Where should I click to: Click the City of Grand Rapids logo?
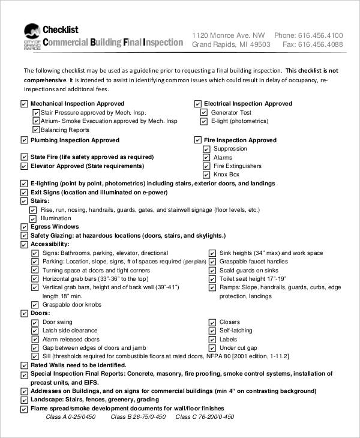click(x=31, y=37)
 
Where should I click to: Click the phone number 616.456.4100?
click(x=320, y=35)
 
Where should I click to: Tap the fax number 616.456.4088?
click(x=320, y=44)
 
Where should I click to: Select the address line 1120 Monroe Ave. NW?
click(x=228, y=35)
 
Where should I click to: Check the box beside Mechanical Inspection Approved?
click(x=24, y=104)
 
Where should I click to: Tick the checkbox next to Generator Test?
click(x=204, y=113)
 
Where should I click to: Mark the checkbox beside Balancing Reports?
click(x=35, y=130)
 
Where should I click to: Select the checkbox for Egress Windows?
click(x=24, y=227)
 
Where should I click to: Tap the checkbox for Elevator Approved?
click(x=24, y=166)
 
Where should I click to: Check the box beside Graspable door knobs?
click(x=34, y=305)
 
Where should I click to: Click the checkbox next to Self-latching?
click(x=212, y=331)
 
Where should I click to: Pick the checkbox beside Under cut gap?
click(x=212, y=348)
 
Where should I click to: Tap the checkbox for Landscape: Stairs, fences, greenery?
click(x=24, y=400)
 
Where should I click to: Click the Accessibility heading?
click(x=50, y=245)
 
